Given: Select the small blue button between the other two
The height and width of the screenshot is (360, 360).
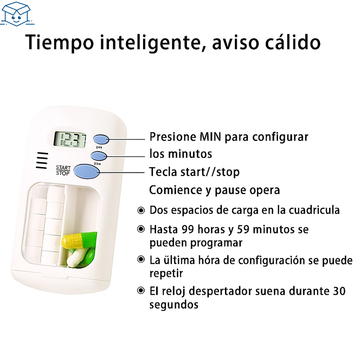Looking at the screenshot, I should [98, 155].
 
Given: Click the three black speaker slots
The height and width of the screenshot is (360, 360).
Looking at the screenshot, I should [42, 161].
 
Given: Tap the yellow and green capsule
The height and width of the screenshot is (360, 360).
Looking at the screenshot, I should [80, 239].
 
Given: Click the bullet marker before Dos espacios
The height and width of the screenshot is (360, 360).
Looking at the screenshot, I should [141, 210].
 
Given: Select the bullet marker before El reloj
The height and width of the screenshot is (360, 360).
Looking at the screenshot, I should [141, 291].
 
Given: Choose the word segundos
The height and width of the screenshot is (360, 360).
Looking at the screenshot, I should [174, 305].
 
